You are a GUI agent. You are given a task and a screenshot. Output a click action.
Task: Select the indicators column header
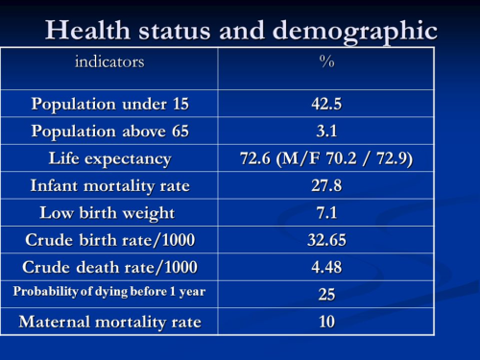coord(109,62)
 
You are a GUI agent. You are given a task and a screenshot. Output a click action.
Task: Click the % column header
coord(326,62)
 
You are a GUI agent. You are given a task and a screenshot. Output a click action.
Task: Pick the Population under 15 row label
coord(109,104)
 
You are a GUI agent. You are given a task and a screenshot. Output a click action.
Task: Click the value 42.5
coord(326,104)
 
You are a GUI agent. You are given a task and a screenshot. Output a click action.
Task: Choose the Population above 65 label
coord(109,131)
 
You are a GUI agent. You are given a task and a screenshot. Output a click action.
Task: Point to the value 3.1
coord(326,131)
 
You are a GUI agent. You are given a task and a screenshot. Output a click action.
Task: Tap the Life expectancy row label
coord(109,158)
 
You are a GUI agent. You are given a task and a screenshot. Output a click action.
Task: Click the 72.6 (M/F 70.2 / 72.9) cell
coord(326,158)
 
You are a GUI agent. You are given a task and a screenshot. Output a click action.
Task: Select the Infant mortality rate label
coord(109,185)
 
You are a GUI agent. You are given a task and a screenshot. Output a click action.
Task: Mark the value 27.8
coord(326,185)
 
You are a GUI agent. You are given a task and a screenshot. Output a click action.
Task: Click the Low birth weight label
coord(109,212)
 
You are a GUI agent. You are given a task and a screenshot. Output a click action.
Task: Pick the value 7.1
coord(326,212)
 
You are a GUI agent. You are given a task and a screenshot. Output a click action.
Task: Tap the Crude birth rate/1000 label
coord(109,240)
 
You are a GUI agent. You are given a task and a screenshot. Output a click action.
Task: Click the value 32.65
coord(326,240)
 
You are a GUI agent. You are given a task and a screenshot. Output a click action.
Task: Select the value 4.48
coord(326,267)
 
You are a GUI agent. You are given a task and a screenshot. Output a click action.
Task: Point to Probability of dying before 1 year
coord(109,293)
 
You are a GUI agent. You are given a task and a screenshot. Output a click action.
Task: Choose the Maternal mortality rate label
coord(109,322)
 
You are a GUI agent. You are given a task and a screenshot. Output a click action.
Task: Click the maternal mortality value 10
coord(326,322)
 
